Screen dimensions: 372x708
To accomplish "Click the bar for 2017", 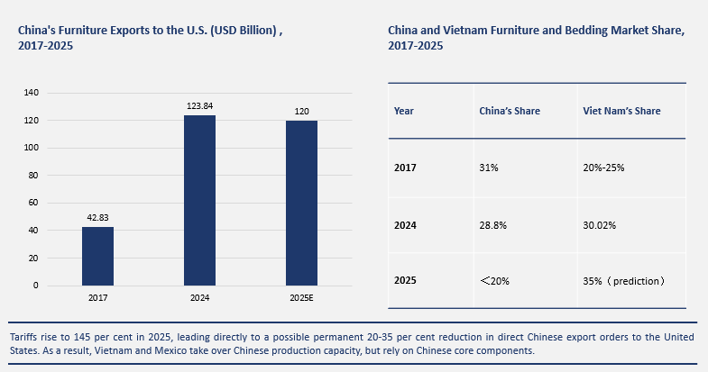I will click(97, 256).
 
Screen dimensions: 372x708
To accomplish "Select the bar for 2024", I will click(199, 200).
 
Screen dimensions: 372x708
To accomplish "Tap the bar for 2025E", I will click(301, 203).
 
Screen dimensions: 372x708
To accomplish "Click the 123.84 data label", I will click(199, 106).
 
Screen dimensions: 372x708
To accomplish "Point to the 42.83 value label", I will click(97, 218).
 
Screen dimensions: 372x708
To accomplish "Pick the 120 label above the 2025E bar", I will click(301, 112).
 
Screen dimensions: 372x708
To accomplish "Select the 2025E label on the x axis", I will click(301, 296).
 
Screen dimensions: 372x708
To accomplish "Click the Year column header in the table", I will click(404, 112).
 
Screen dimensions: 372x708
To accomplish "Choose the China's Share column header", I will click(509, 112).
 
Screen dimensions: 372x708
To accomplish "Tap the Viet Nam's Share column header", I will click(621, 112).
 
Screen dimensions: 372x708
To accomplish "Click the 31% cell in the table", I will click(487, 168).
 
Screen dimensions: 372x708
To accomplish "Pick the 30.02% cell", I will click(600, 224).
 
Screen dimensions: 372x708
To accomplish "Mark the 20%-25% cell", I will click(604, 168).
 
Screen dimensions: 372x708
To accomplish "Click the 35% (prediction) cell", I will click(624, 281).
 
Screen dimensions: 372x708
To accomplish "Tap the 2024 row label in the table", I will click(406, 224).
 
